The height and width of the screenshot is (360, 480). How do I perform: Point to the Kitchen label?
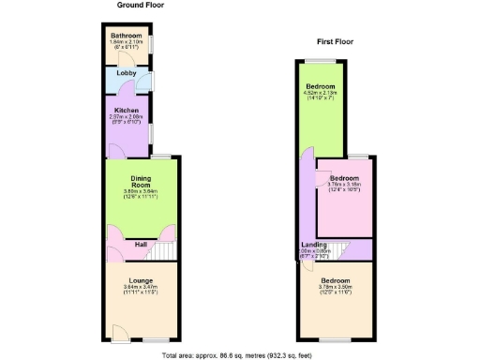(127, 111)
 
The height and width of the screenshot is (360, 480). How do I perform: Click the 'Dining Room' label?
(141, 181)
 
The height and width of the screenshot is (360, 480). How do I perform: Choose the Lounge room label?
(140, 278)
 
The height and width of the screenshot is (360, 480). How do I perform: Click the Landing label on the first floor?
(302, 246)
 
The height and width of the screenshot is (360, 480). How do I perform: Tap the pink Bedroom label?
(344, 178)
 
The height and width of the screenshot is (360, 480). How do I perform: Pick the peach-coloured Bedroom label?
(335, 280)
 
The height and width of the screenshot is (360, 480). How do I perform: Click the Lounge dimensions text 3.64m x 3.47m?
(140, 287)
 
